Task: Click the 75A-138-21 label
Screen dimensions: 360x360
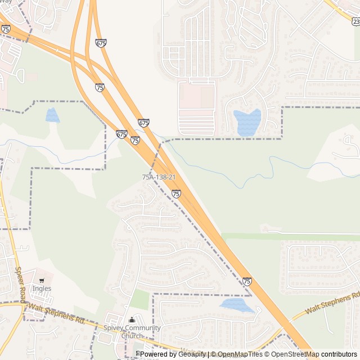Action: click(x=159, y=177)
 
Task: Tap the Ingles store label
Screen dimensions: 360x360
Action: click(x=42, y=289)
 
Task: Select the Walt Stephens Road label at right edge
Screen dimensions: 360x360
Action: click(x=332, y=303)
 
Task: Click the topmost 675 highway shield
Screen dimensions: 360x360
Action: click(x=101, y=43)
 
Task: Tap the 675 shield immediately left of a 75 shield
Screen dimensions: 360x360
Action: click(x=121, y=134)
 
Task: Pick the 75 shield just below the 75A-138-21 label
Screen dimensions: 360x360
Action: click(x=176, y=193)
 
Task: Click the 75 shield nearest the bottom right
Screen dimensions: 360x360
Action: click(x=247, y=281)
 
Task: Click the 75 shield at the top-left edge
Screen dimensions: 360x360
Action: click(x=6, y=29)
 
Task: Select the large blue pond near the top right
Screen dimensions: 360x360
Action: click(x=247, y=122)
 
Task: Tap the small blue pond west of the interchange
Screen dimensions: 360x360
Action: click(x=52, y=115)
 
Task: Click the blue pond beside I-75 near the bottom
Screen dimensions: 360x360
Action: click(x=237, y=305)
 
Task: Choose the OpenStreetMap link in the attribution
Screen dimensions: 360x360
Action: click(x=295, y=354)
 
